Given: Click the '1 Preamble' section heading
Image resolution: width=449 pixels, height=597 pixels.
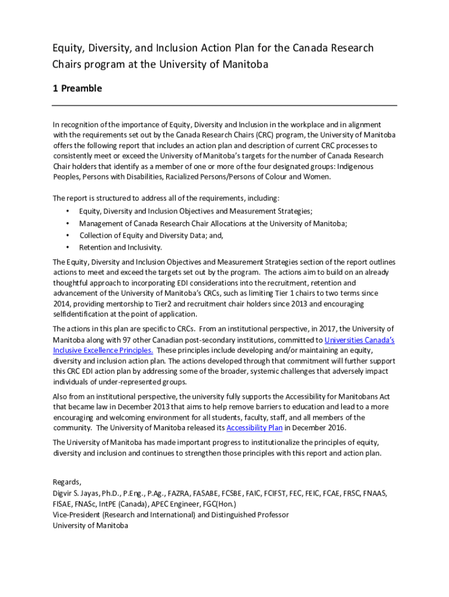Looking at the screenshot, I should point(77,89).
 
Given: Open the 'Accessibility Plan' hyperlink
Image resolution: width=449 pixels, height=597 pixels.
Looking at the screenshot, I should point(254,428).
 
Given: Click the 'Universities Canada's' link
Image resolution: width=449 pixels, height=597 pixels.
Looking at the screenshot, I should point(359,340).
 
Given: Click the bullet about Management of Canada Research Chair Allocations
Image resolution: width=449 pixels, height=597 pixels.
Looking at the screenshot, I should point(213,223).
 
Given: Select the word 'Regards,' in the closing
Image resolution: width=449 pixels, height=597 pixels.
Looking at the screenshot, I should point(67,482).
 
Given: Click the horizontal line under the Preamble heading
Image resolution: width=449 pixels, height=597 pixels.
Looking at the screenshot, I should point(224,105).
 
